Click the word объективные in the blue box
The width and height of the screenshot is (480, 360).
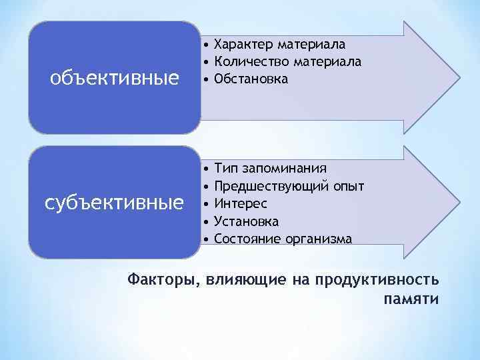tap(115, 79)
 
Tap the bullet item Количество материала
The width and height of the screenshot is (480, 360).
tap(288, 62)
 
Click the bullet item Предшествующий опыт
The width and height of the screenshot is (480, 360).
tap(289, 185)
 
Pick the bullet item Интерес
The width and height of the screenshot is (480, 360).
tap(241, 203)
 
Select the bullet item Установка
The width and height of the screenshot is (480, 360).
tap(247, 221)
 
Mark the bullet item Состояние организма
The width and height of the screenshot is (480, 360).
tap(283, 238)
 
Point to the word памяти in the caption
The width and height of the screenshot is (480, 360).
tap(412, 297)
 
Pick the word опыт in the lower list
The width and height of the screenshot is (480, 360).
tap(350, 185)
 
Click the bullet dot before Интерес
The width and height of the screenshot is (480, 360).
tap(208, 203)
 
